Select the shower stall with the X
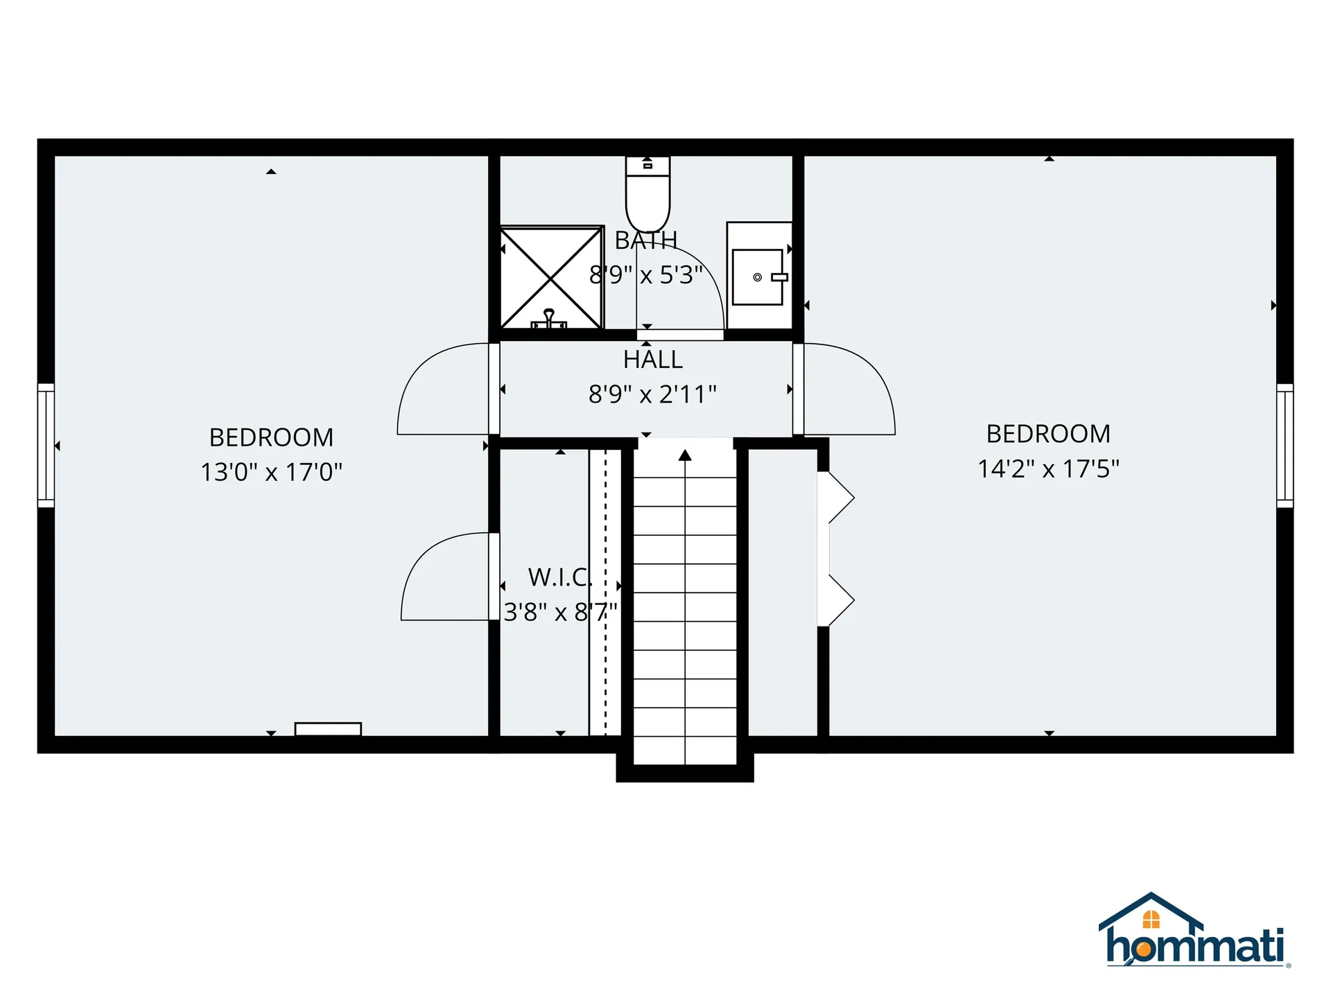pos(551,277)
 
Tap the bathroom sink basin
pos(758,277)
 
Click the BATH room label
pos(645,240)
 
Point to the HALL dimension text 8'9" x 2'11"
pos(652,394)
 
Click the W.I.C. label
pos(560,577)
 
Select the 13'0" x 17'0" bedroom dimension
pos(271,472)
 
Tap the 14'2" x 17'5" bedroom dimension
pos(1048,469)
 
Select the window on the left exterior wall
pos(46,446)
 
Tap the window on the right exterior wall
pos(1285,446)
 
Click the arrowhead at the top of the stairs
pos(685,455)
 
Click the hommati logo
pos(1194,932)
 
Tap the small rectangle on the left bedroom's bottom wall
pos(328,729)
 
